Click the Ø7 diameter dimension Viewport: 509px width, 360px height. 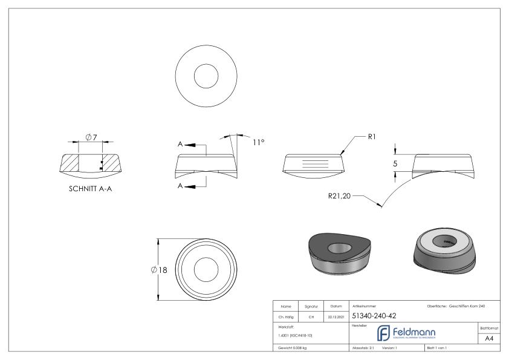(x=92, y=138)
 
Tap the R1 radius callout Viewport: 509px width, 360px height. (x=374, y=137)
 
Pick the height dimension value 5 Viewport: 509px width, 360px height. (x=394, y=163)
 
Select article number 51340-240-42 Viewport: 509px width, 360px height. (x=374, y=315)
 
